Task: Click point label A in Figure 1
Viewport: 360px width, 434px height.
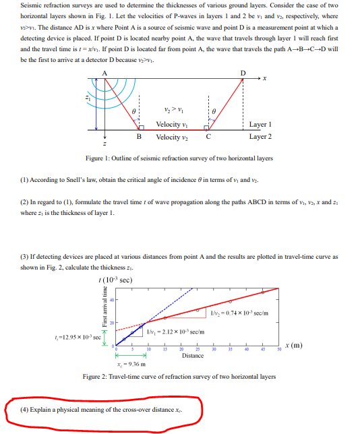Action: pyautogui.click(x=103, y=72)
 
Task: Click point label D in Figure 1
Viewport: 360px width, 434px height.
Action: pyautogui.click(x=243, y=72)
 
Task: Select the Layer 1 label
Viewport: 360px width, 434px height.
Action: pyautogui.click(x=260, y=125)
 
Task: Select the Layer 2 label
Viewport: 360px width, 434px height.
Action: pyautogui.click(x=260, y=137)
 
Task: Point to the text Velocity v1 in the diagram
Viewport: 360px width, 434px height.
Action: pyautogui.click(x=171, y=125)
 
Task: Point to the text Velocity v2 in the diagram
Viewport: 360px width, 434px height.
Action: pyautogui.click(x=171, y=137)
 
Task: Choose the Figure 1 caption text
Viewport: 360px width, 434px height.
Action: pyautogui.click(x=179, y=158)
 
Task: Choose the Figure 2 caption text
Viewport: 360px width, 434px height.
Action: pyautogui.click(x=183, y=376)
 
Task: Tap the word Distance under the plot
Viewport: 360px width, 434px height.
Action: pyautogui.click(x=192, y=356)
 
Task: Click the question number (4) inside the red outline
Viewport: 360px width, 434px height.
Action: pyautogui.click(x=25, y=409)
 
